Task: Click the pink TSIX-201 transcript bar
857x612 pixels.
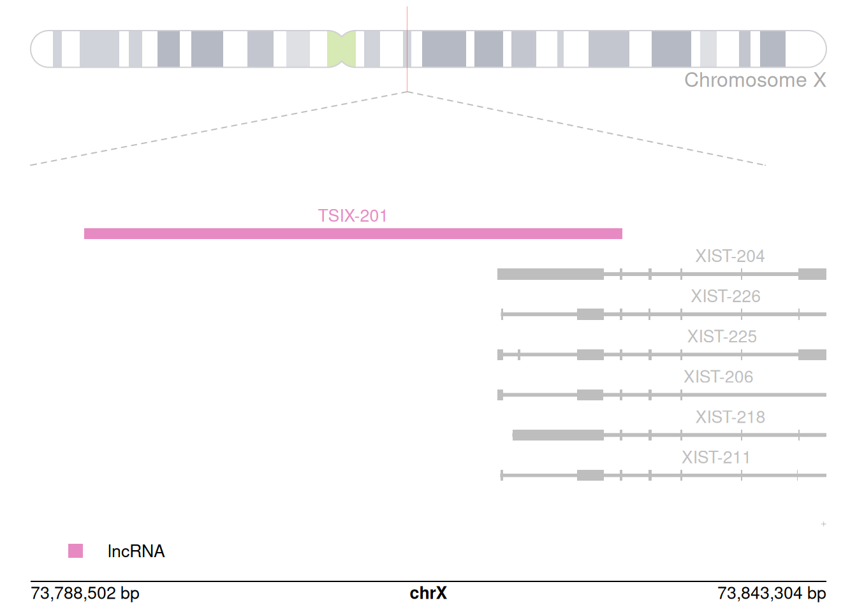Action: tap(353, 234)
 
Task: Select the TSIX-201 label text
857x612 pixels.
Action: tap(353, 216)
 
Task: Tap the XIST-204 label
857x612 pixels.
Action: tap(729, 256)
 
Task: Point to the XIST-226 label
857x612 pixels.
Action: tap(726, 296)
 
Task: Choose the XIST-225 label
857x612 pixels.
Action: tap(722, 337)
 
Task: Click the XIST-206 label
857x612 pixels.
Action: tap(718, 377)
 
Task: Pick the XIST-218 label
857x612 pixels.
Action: tap(730, 417)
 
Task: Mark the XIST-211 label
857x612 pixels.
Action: tap(715, 458)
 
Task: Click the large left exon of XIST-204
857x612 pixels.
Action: tap(550, 274)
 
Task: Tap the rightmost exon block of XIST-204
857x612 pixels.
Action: tap(812, 274)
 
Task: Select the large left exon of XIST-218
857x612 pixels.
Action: tap(558, 435)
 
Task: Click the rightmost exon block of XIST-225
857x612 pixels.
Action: tap(812, 354)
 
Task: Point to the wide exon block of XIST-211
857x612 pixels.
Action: tap(590, 475)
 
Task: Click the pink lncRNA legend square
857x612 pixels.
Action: tap(75, 551)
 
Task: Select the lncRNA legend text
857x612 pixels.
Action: tap(136, 551)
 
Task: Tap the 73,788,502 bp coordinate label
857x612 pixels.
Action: tap(85, 594)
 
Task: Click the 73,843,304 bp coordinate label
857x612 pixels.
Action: tap(772, 594)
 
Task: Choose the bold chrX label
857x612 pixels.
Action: tap(428, 594)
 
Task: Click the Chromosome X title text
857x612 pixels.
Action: tap(755, 80)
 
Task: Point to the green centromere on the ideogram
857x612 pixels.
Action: tap(341, 49)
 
